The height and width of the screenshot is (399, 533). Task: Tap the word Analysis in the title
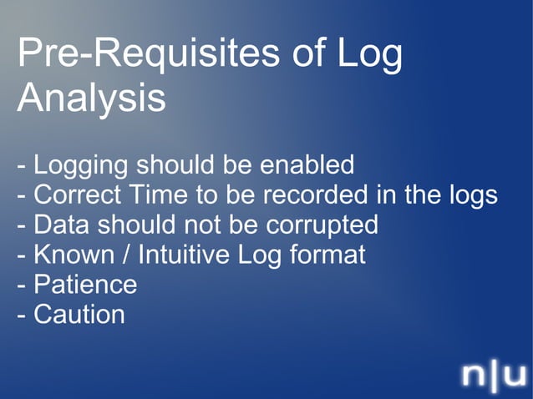point(90,98)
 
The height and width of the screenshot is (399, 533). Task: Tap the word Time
point(155,195)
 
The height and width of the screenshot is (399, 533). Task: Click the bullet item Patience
point(84,285)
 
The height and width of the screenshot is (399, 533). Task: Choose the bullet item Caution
point(79,315)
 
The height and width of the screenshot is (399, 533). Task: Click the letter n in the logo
point(475,375)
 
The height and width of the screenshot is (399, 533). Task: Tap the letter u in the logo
point(515,375)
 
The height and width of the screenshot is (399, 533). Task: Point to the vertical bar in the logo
point(495,375)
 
